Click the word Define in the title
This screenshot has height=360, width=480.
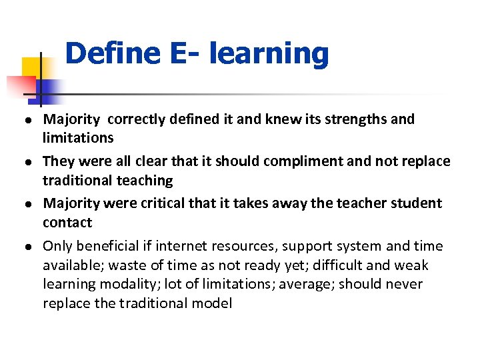coord(113,53)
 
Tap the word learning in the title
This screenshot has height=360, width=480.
coord(269,53)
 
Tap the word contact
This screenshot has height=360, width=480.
coord(67,222)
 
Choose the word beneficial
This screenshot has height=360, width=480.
coord(107,247)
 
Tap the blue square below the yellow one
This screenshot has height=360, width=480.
coord(47,89)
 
